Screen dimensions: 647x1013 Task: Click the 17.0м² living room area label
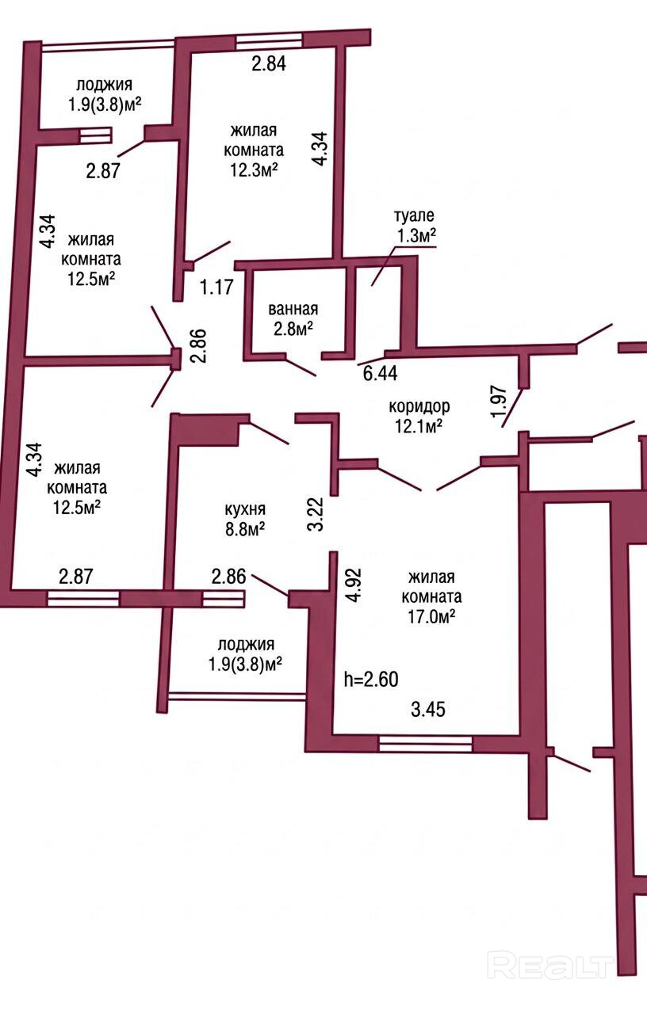[431, 617]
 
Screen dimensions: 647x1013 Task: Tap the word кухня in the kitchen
[245, 509]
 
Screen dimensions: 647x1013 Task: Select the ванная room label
[293, 310]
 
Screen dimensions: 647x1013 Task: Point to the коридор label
[419, 406]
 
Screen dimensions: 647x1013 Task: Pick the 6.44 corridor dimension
[380, 374]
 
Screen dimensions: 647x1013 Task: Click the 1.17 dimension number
[217, 288]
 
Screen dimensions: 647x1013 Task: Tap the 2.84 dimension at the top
[269, 64]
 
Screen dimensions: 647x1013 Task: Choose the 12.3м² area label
[254, 170]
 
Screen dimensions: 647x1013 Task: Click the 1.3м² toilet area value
[416, 236]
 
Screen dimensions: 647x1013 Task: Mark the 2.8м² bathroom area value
[293, 329]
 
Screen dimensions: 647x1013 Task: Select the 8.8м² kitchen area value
[245, 529]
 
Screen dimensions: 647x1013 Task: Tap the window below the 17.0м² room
[425, 744]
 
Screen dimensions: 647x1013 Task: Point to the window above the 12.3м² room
[269, 41]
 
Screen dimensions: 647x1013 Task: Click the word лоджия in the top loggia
[104, 86]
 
